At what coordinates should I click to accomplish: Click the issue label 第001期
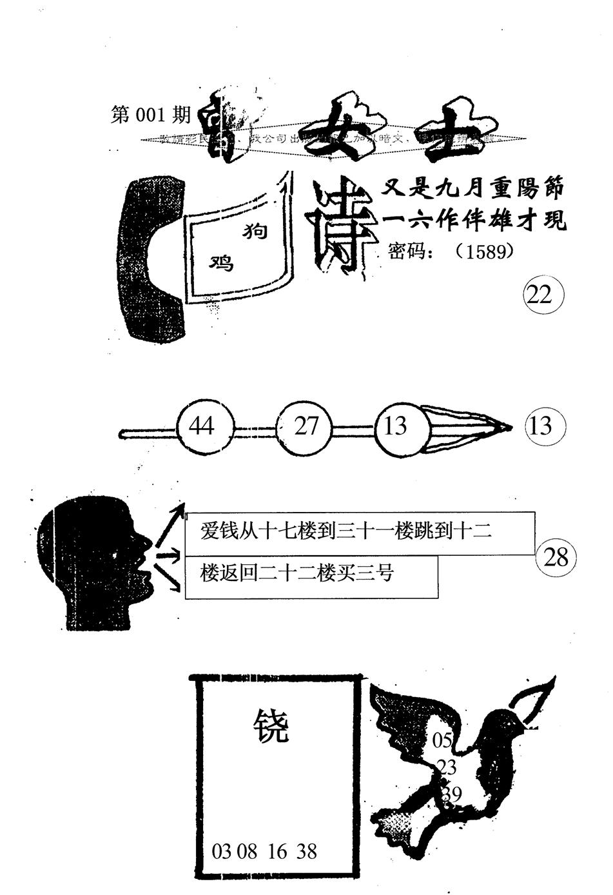click(x=151, y=115)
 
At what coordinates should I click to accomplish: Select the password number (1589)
click(x=484, y=251)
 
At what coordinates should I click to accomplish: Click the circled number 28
click(x=555, y=557)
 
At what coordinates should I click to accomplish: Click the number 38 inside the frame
click(x=307, y=851)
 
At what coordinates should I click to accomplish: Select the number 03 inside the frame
click(x=221, y=851)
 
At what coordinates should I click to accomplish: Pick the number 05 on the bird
click(x=443, y=740)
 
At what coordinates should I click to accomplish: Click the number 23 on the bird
click(x=446, y=767)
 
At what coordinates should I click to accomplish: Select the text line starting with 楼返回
click(x=297, y=573)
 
